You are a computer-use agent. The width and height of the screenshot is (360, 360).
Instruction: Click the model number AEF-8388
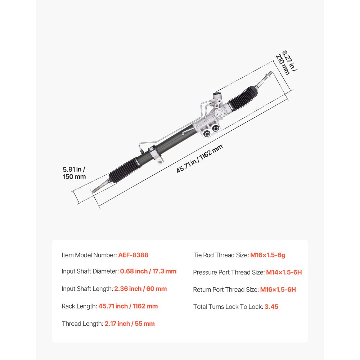click(133, 255)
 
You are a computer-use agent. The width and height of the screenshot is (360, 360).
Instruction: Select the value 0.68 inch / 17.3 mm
click(148, 271)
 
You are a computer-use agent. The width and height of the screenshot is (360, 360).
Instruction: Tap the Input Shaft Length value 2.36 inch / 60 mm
click(140, 289)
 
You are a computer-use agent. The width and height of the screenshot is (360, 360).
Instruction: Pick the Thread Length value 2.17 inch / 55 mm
click(130, 324)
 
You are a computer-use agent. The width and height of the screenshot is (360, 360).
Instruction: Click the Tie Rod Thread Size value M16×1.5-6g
click(268, 255)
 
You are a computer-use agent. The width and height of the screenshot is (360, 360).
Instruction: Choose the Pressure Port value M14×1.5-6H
click(284, 272)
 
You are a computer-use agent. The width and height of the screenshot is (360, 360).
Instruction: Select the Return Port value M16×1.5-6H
click(278, 289)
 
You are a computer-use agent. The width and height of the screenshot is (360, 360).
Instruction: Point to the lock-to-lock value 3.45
click(271, 307)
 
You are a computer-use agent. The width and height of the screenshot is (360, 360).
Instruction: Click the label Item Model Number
click(89, 255)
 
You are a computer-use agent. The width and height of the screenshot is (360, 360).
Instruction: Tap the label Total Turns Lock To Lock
click(228, 307)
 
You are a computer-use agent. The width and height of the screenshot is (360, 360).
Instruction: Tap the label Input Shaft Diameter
click(90, 271)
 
